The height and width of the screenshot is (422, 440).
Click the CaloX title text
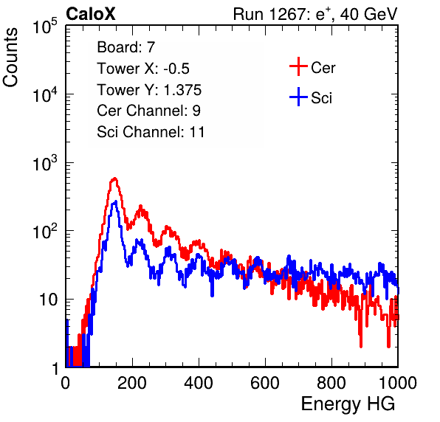(x=91, y=14)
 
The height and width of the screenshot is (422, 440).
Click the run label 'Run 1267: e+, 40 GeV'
(x=315, y=14)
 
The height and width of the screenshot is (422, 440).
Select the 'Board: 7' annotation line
(x=126, y=47)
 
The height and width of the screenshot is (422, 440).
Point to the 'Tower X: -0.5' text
(x=143, y=69)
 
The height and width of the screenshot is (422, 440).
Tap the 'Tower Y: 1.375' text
(x=149, y=90)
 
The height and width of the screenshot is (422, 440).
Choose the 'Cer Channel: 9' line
(x=148, y=111)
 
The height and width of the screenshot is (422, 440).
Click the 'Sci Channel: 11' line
(x=151, y=132)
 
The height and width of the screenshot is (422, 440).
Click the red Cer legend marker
(x=298, y=66)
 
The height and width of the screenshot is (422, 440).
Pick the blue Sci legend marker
(x=298, y=97)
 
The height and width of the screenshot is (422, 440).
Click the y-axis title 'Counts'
(x=10, y=58)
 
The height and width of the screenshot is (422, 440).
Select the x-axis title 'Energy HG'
(x=348, y=404)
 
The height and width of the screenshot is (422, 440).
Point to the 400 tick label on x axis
(x=199, y=383)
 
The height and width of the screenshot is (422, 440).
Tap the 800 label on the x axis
(x=331, y=383)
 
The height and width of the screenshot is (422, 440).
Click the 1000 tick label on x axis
(x=398, y=383)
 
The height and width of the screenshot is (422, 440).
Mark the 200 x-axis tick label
(x=132, y=383)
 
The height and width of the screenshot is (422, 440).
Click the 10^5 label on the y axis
(x=45, y=26)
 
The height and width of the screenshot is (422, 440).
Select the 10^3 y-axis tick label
(x=45, y=163)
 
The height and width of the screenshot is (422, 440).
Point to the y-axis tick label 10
(x=48, y=300)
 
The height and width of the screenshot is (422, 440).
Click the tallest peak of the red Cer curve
(x=114, y=179)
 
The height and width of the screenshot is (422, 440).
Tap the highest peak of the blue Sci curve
(x=114, y=202)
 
